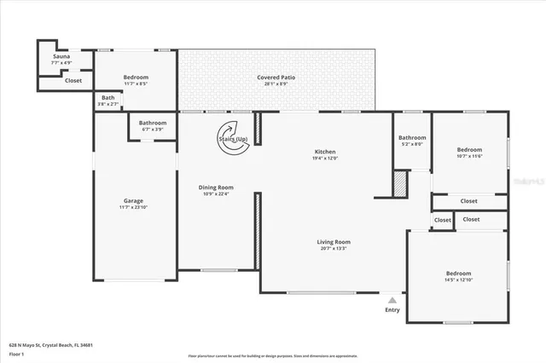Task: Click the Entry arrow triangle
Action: pyautogui.click(x=392, y=300)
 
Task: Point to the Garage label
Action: pyautogui.click(x=133, y=201)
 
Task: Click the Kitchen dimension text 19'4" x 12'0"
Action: pyautogui.click(x=324, y=158)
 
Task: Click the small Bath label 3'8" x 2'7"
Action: pyautogui.click(x=107, y=98)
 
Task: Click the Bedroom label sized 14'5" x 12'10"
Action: pyautogui.click(x=458, y=274)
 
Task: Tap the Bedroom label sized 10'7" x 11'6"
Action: pyautogui.click(x=469, y=150)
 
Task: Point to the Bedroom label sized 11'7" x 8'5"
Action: pyautogui.click(x=135, y=78)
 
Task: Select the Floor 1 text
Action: pyautogui.click(x=16, y=353)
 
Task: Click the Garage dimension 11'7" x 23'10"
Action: pyautogui.click(x=133, y=207)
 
